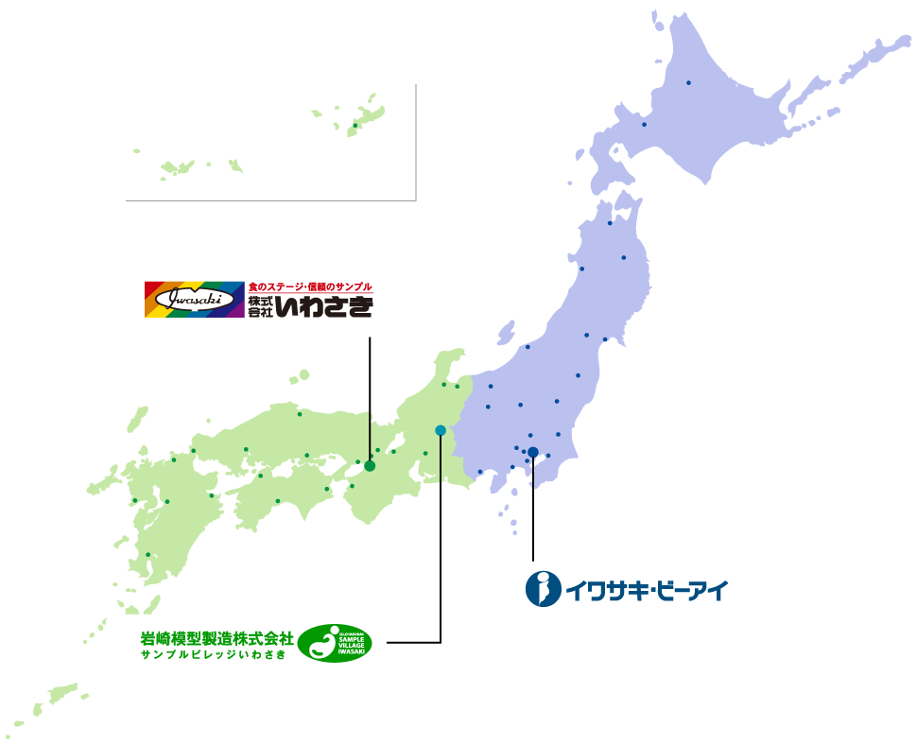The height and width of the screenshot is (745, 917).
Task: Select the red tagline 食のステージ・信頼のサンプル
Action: pos(310,286)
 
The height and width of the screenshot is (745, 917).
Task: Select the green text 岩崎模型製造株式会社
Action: pos(216,636)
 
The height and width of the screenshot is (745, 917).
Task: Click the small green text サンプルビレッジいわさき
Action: pos(213,654)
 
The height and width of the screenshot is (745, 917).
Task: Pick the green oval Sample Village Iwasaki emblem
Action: pos(335,643)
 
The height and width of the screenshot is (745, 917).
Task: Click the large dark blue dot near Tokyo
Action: pos(533,452)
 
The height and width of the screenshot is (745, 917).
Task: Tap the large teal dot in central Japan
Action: pos(441,430)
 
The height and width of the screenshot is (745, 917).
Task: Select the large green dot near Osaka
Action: pos(370,465)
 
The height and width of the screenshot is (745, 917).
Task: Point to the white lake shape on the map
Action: pos(396,441)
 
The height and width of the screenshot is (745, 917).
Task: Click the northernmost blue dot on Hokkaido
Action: pos(688,82)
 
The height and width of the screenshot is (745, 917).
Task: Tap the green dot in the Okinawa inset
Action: pos(355,125)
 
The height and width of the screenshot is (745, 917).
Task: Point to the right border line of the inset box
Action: pos(416,142)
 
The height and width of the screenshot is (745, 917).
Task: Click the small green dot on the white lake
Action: pos(393,451)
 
